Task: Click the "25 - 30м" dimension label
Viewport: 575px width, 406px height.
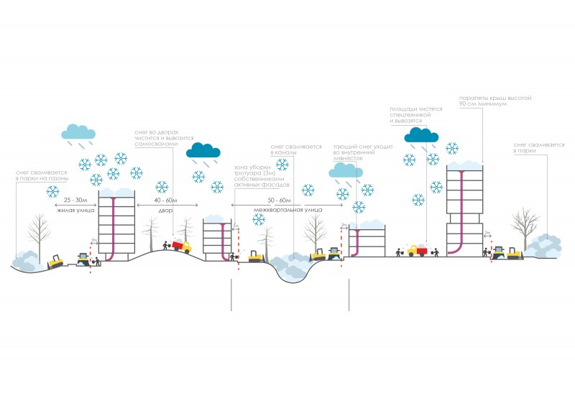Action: (75, 199)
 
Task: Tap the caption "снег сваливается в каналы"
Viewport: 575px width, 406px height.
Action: (295, 149)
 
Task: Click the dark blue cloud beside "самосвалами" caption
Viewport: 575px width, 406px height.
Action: (203, 150)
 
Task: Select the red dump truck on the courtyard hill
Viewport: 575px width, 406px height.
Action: (182, 246)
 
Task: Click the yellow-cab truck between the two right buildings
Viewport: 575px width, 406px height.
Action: (417, 251)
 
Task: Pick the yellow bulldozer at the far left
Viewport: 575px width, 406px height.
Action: (55, 260)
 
